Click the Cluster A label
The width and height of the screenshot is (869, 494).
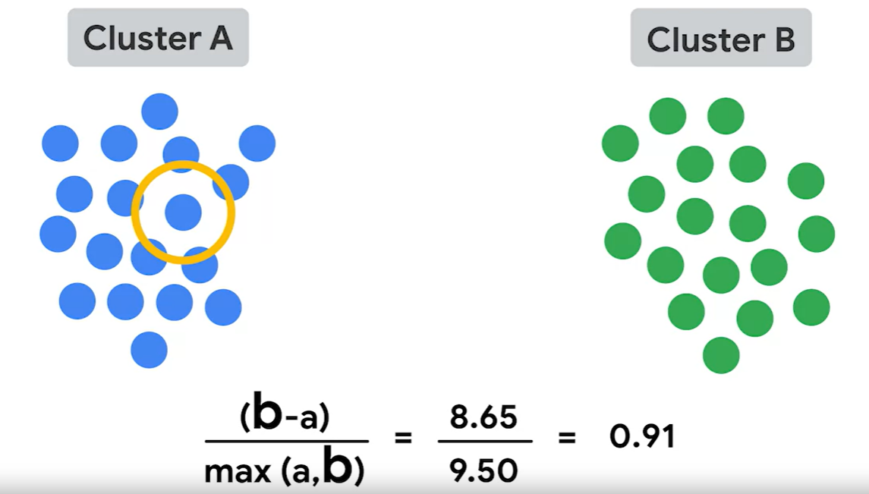[158, 38]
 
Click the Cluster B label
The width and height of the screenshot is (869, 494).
[721, 38]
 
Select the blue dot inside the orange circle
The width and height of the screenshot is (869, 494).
[183, 212]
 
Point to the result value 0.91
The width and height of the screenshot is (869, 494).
[642, 437]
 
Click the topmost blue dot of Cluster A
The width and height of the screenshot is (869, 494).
[159, 112]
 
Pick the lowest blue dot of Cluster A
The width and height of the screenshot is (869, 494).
[149, 350]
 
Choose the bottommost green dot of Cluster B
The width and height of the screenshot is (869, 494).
[721, 355]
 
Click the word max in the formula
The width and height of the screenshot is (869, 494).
[232, 471]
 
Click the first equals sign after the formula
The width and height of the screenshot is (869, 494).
[403, 438]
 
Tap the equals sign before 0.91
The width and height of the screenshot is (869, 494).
[566, 438]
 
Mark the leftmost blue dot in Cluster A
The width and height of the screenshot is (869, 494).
[58, 234]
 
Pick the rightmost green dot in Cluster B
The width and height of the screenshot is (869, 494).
[817, 234]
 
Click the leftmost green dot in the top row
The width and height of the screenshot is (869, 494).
[668, 116]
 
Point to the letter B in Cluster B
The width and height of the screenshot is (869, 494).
[784, 39]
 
